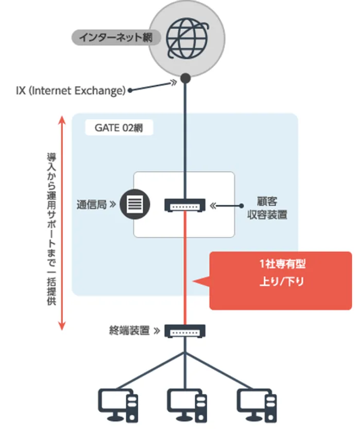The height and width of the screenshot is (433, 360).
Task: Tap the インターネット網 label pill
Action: click(115, 37)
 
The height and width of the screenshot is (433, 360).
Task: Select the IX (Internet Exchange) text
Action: click(71, 91)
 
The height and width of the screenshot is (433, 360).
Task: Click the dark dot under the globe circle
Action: click(185, 78)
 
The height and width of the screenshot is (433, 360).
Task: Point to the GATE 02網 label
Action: click(118, 128)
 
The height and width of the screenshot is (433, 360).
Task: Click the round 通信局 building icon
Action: click(133, 205)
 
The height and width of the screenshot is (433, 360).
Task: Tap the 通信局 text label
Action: click(91, 205)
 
